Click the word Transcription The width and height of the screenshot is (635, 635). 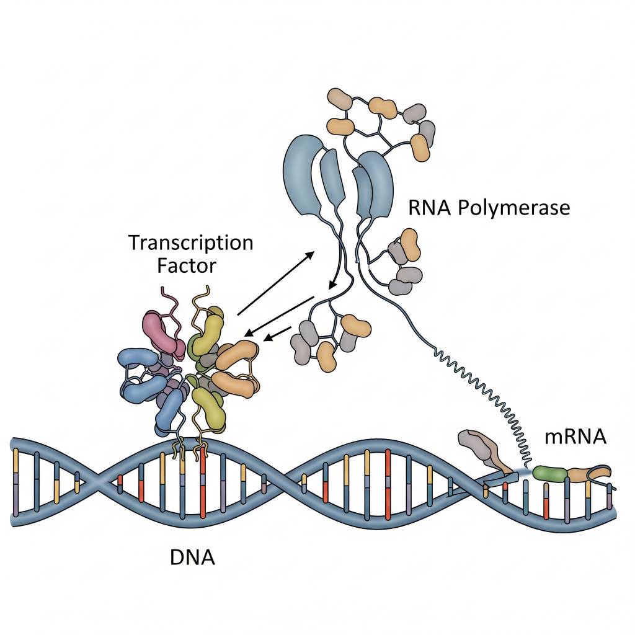pos(191,242)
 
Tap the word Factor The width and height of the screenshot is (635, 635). pos(187,266)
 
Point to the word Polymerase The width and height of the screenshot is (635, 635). pos(513,208)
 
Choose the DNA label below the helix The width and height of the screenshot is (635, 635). pos(192,557)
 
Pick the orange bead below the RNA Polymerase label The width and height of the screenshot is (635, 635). pos(410,242)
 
